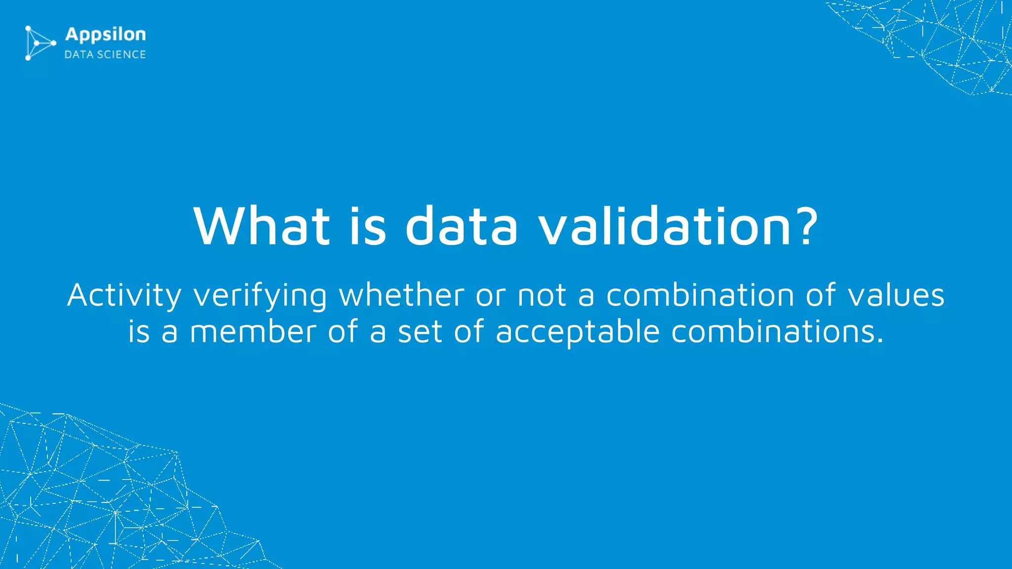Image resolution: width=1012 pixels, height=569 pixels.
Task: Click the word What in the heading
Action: (261, 226)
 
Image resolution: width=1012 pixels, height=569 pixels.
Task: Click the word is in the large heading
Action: (368, 226)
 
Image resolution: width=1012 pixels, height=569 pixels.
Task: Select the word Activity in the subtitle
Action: (124, 296)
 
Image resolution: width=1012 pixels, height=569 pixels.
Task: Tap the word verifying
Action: (260, 296)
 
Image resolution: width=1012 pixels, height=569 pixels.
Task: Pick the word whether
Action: (401, 295)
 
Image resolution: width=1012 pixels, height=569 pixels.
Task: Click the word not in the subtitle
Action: (542, 296)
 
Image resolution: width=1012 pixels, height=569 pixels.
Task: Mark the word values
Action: (896, 295)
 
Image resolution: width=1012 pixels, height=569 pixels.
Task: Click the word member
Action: (253, 331)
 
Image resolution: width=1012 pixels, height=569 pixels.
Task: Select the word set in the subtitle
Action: (420, 331)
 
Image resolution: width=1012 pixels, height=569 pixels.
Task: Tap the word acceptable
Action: (578, 332)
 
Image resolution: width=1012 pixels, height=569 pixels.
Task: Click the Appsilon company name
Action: (106, 35)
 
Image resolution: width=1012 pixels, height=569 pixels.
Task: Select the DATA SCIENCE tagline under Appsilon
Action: (105, 54)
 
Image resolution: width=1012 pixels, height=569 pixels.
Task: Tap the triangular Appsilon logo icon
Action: (39, 43)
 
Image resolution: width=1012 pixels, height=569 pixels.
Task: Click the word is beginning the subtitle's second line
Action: (139, 331)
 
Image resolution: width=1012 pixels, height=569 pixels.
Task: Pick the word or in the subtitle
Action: (491, 296)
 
